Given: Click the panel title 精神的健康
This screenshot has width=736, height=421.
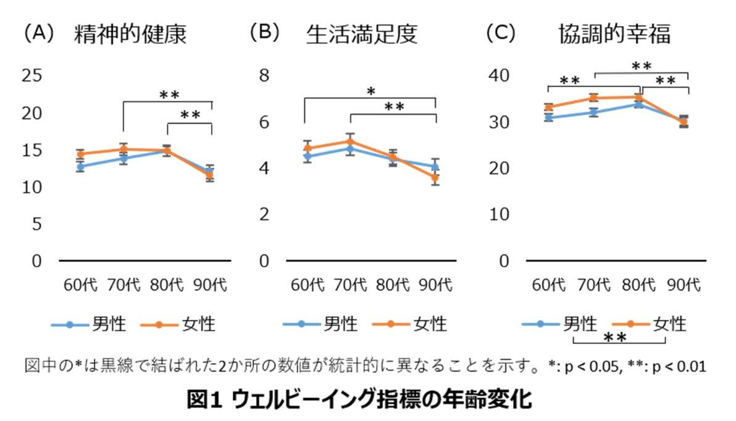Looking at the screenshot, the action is click(130, 34).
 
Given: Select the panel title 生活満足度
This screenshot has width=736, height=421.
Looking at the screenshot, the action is click(361, 34).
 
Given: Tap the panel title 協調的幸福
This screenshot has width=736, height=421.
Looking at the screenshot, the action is click(614, 34).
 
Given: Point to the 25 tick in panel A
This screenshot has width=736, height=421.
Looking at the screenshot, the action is click(32, 75).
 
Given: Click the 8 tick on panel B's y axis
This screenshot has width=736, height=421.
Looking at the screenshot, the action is click(264, 75).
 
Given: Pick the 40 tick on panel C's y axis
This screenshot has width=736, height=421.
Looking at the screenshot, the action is click(499, 75).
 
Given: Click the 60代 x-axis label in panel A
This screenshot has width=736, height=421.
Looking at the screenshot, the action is click(80, 285).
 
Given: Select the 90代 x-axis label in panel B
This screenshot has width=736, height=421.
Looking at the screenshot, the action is click(435, 285).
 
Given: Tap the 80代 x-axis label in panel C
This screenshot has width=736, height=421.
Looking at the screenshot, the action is click(638, 285).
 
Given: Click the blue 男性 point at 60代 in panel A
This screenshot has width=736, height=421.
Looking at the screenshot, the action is click(81, 166).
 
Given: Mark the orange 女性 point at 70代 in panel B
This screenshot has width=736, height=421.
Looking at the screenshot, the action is click(350, 141).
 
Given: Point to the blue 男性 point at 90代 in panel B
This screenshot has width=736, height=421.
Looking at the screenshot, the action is click(435, 166).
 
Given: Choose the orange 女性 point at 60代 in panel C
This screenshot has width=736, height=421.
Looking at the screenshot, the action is click(548, 107).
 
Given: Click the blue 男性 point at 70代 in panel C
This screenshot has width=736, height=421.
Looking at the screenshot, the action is click(594, 112).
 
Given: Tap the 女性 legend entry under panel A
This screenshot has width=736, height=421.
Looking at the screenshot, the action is click(178, 324).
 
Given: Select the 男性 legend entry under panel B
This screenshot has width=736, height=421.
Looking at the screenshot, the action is click(320, 324).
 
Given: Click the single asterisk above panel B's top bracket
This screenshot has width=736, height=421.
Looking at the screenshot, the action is click(371, 91).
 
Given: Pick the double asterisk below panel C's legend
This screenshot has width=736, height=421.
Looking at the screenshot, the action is click(615, 337).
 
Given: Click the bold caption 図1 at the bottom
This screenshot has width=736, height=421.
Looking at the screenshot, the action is click(204, 400).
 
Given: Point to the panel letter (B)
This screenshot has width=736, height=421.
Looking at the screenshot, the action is click(264, 33).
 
